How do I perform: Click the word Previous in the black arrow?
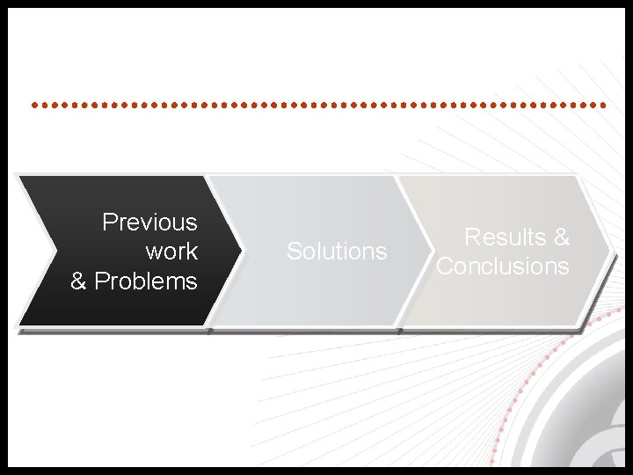coord(149,222)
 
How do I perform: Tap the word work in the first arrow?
coord(171,252)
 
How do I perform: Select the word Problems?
coord(146,281)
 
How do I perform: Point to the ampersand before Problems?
coord(79,281)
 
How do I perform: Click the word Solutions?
coord(337,252)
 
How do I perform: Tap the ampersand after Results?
coord(561,237)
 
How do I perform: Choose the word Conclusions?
coord(503,266)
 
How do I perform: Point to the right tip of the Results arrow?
coord(609,251)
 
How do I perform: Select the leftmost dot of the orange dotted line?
coord(33,105)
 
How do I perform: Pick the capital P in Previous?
coord(109,222)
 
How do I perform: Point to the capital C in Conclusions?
coord(444,266)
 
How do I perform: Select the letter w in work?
coord(154,252)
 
